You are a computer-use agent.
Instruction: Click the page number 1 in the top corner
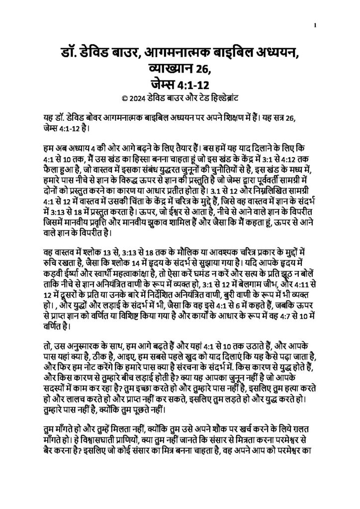click(316, 24)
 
